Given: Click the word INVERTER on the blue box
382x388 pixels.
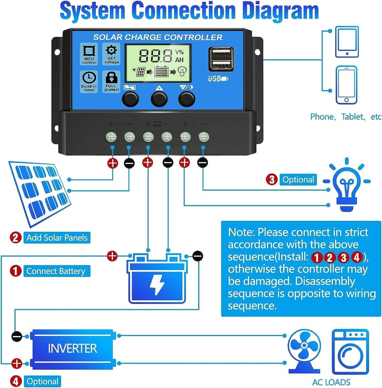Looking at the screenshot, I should coord(73,348).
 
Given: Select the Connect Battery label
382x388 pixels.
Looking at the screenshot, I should coord(56,271).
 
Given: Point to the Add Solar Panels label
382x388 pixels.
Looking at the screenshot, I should coord(57,237).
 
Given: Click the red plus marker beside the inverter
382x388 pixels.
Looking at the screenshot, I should coord(17,364).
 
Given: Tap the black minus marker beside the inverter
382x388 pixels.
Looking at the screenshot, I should coord(17,336).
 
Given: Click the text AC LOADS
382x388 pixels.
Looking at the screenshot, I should coord(331,382).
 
